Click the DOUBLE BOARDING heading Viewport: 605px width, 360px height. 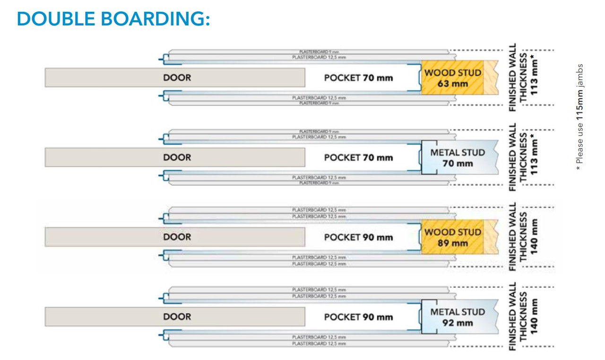click(113, 19)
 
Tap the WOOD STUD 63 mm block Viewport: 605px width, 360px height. click(452, 78)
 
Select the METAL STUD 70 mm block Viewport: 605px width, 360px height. click(458, 158)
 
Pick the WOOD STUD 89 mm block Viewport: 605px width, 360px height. click(452, 238)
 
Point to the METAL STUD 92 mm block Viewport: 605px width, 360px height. click(458, 317)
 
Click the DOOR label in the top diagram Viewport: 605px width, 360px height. click(177, 77)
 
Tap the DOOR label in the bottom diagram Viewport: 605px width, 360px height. click(177, 317)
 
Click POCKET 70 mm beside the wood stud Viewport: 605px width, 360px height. click(358, 77)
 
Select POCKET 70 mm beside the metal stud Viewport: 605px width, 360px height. click(358, 158)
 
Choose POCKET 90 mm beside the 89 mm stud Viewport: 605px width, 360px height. click(358, 237)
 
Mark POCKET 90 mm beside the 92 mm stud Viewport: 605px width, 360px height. click(358, 317)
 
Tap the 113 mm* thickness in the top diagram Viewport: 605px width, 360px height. click(535, 76)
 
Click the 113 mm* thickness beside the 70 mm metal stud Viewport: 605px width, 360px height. click(535, 156)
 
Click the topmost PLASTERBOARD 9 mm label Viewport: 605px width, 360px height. click(319, 51)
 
